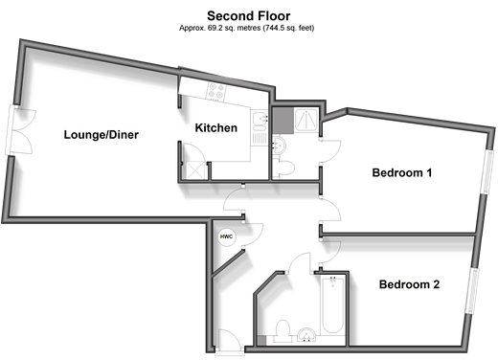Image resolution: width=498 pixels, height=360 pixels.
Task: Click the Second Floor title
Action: pyautogui.click(x=249, y=15)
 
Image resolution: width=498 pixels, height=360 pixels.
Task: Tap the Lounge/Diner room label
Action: pyautogui.click(x=102, y=135)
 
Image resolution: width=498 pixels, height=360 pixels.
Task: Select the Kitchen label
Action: pyautogui.click(x=216, y=128)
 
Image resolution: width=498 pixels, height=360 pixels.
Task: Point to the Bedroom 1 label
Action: pyautogui.click(x=402, y=172)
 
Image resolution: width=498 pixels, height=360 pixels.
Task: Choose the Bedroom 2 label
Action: pyautogui.click(x=409, y=284)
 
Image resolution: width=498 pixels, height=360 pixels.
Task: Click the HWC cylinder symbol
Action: pyautogui.click(x=226, y=236)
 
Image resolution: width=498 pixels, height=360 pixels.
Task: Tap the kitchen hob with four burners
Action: pyautogui.click(x=216, y=90)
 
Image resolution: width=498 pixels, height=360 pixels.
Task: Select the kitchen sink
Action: pyautogui.click(x=260, y=120)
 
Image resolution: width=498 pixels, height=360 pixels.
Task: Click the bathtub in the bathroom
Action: pyautogui.click(x=332, y=305)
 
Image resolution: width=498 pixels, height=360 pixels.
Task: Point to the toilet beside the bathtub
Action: pyautogui.click(x=283, y=330)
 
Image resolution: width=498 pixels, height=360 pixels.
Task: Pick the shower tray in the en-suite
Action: pyautogui.click(x=306, y=120)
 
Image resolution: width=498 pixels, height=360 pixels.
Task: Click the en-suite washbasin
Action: pyautogui.click(x=279, y=146)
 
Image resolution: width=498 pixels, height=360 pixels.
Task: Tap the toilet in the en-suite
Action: pyautogui.click(x=284, y=169)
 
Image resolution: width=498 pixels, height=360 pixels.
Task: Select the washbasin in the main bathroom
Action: pyautogui.click(x=306, y=334)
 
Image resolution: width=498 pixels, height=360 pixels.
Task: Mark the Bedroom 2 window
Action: pyautogui.click(x=472, y=290)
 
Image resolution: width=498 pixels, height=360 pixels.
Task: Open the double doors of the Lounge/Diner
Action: pyautogui.click(x=18, y=130)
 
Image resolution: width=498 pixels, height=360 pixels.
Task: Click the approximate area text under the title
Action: pyautogui.click(x=246, y=28)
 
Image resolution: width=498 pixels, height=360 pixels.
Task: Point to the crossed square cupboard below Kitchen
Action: pyautogui.click(x=194, y=170)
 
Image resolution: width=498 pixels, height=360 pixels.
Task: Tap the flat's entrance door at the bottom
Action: pyautogui.click(x=229, y=342)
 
